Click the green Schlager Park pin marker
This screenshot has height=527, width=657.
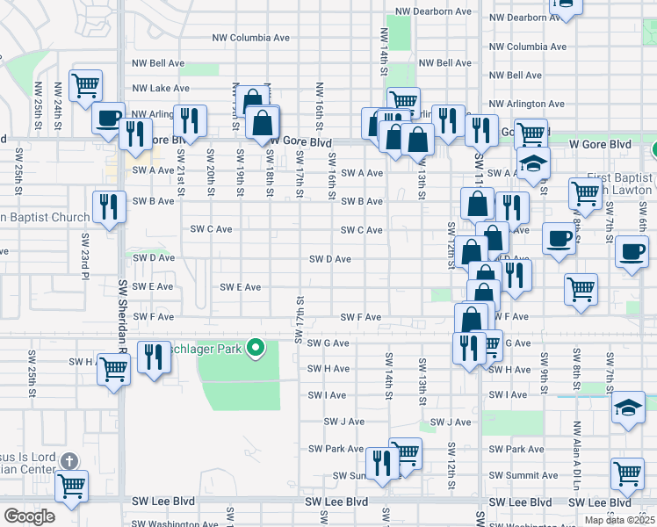(x=256, y=349)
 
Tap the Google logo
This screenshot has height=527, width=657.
(x=29, y=516)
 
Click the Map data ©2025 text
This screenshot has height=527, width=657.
(x=619, y=520)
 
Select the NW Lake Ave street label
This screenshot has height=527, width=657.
(x=161, y=88)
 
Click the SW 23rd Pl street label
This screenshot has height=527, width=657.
(x=86, y=250)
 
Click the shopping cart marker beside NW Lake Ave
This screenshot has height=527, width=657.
(x=85, y=86)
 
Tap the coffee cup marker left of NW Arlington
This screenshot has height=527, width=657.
(x=109, y=118)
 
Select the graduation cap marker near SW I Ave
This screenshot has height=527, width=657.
(x=628, y=408)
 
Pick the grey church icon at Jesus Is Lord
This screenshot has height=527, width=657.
(x=71, y=460)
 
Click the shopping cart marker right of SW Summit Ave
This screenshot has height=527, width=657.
(x=628, y=474)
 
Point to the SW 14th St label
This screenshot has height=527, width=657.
(x=386, y=373)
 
